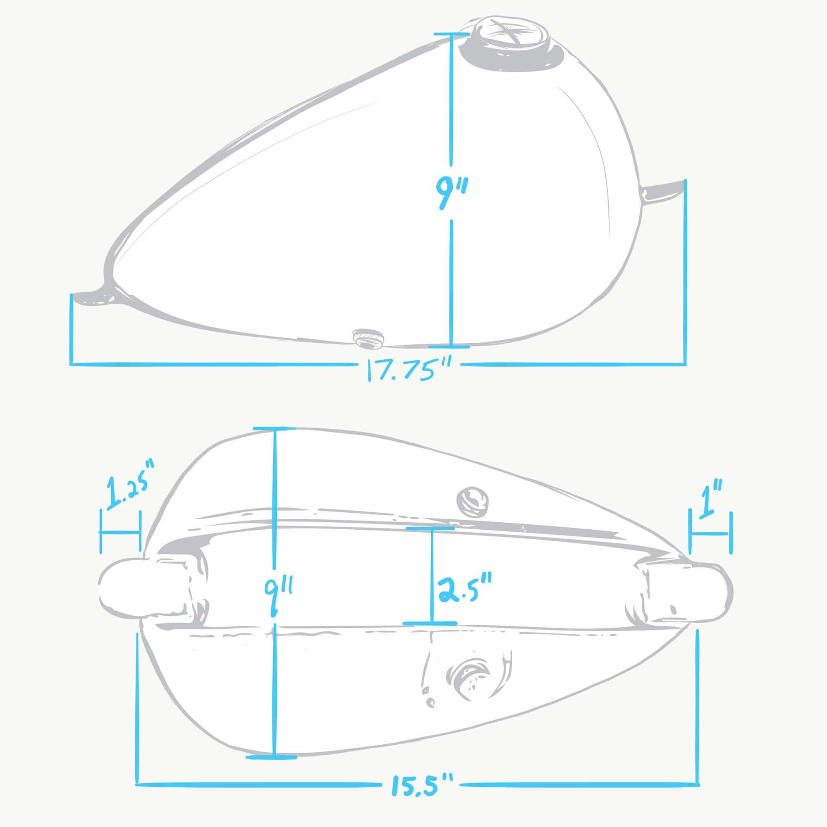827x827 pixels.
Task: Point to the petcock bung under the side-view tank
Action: (x=367, y=338)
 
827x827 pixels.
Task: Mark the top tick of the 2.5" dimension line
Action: (x=430, y=528)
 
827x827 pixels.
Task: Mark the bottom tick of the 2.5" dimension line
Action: (x=430, y=623)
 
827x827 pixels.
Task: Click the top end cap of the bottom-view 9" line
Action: (x=275, y=428)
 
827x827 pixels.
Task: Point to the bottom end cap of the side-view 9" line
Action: (x=449, y=345)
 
